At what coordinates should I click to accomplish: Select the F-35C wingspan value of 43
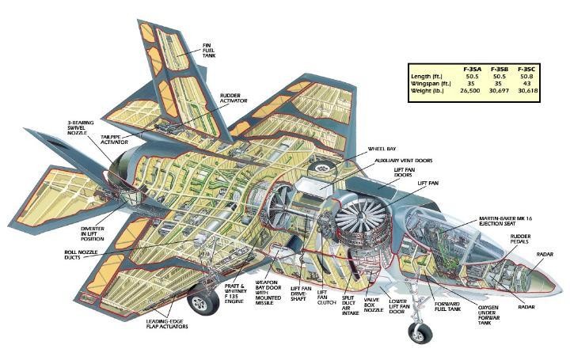pos(526,82)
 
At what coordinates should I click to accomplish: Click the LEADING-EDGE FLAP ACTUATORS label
pos(171,325)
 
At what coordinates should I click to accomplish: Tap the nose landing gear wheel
pos(420,332)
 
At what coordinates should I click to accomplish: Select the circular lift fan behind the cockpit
pos(360,222)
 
